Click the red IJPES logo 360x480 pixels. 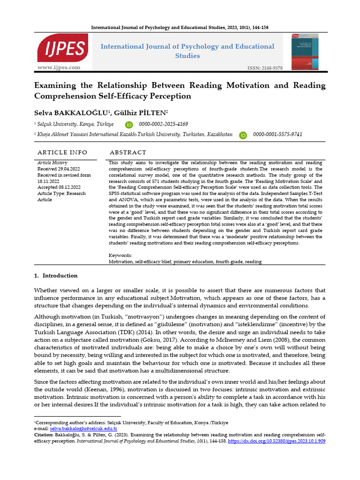tap(62, 48)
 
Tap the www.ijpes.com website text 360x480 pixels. tap(59, 67)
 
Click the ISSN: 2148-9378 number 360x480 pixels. tap(265, 68)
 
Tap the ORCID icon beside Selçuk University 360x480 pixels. tap(129, 125)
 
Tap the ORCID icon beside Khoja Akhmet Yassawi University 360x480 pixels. tap(243, 135)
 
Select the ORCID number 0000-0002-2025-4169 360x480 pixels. tap(163, 124)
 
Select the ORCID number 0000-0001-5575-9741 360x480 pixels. tap(277, 135)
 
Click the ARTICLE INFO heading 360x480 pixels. tap(62, 153)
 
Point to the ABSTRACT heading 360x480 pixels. tap(127, 153)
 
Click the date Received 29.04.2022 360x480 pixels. tap(59, 169)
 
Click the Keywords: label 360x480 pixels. tap(120, 255)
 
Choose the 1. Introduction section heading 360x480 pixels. tap(56, 276)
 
